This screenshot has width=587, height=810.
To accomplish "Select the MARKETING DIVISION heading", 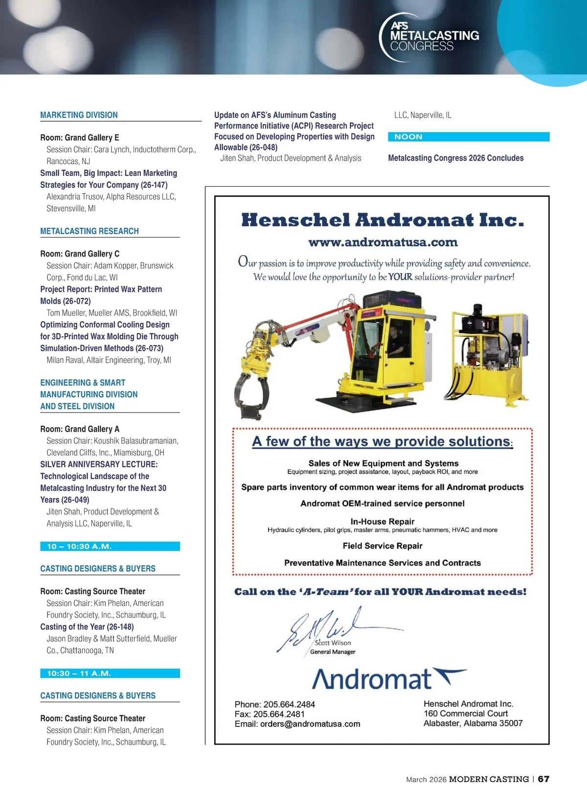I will tap(79, 115).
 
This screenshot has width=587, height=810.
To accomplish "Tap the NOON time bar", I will tap(468, 137).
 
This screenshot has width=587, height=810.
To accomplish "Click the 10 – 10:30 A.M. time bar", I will tap(110, 546).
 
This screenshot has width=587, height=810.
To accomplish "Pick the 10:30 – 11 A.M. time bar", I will tap(110, 673).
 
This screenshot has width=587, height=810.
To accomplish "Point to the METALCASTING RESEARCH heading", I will tap(90, 231).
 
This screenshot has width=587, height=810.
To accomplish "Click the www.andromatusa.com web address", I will tap(383, 242).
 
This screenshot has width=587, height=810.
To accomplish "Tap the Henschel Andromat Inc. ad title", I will tap(383, 220).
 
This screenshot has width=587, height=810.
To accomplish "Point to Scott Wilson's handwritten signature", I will tap(323, 628).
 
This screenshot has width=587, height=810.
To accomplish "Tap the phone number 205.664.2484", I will tap(289, 704).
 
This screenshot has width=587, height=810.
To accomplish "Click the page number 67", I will tap(543, 779).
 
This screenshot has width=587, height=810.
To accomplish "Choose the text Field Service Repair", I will tap(383, 546).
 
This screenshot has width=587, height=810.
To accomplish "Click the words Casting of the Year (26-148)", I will tap(87, 627).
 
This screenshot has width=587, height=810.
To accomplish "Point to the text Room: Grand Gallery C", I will tap(80, 254).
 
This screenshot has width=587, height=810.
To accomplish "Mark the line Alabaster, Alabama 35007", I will tap(473, 723).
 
